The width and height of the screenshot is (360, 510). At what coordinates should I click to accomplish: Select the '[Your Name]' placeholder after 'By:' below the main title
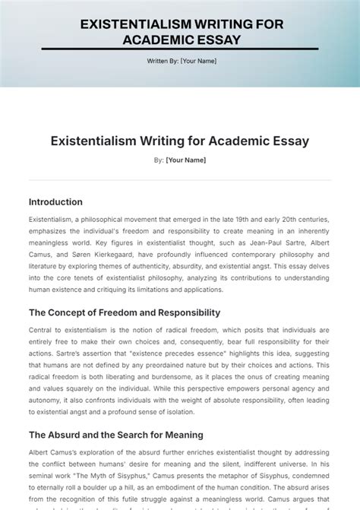(185, 160)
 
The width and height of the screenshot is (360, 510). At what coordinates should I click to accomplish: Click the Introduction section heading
(55, 202)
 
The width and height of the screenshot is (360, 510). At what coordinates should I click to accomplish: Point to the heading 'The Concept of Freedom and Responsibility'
(125, 312)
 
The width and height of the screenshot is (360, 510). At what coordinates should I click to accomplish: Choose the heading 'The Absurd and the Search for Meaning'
(115, 436)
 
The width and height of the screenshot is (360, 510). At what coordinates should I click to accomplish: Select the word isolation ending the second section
(178, 412)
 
